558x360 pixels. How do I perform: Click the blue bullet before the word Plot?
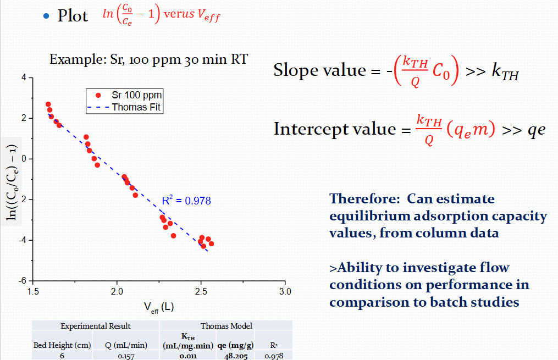coord(46,16)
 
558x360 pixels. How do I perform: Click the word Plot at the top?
coord(73,16)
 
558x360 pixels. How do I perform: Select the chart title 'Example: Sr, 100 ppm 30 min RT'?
coord(148,59)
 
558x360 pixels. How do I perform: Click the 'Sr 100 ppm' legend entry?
coord(136,95)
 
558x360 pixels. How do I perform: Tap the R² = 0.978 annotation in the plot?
coord(186,201)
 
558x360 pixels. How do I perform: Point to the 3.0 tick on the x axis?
coord(285,291)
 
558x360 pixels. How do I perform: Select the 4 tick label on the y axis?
coord(24,77)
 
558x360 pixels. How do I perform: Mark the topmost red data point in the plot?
coord(48,104)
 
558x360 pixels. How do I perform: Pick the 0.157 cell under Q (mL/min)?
coord(126,356)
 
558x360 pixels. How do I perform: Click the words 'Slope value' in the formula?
coord(312,70)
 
